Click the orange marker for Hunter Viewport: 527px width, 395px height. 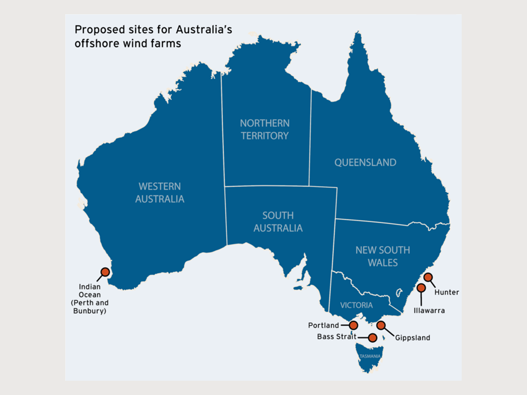(428, 277)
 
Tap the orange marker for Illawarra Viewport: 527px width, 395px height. (421, 287)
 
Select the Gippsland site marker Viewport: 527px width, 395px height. (380, 325)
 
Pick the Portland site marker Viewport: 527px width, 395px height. (354, 325)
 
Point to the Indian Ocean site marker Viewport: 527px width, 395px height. (105, 272)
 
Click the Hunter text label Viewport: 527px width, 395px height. (446, 292)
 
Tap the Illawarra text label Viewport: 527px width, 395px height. (429, 311)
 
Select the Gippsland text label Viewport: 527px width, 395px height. (412, 338)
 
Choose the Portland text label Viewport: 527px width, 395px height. (323, 325)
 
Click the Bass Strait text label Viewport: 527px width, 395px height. (337, 337)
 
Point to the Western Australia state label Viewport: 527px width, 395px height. (160, 193)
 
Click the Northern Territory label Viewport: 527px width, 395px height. (265, 129)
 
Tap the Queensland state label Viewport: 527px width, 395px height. (365, 162)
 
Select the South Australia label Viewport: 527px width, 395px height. (278, 222)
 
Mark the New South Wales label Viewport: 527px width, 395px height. (383, 256)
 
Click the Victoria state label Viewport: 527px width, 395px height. (356, 305)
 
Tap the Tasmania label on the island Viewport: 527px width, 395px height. (369, 357)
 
